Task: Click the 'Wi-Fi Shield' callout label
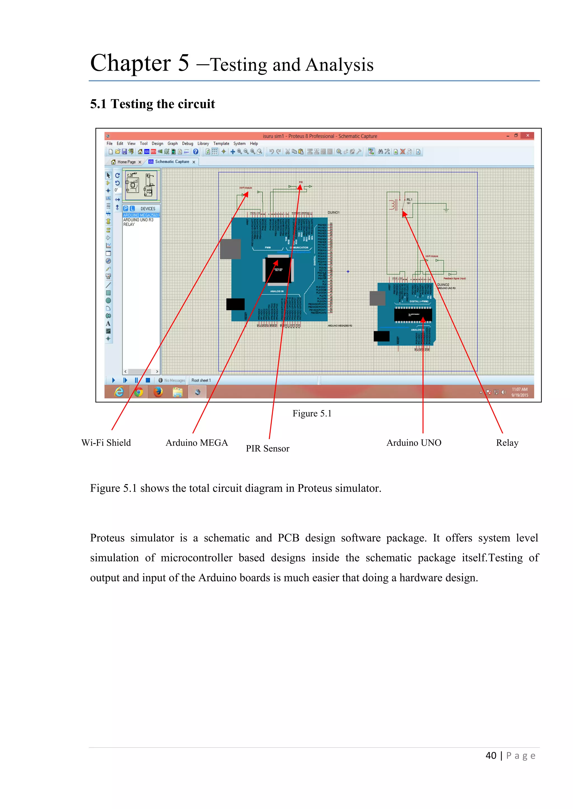[106, 442]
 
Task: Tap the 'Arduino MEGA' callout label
[196, 442]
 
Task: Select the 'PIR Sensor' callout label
[267, 449]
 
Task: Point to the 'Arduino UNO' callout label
[414, 442]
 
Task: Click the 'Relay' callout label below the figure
[507, 442]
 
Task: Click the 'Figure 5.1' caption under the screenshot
[312, 413]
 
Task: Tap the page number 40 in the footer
[491, 756]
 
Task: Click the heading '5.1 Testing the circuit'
[152, 104]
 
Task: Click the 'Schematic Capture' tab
[172, 162]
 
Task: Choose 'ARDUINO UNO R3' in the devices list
[138, 220]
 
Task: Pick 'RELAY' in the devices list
[129, 224]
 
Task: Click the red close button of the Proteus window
[527, 136]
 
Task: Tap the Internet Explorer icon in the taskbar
[119, 392]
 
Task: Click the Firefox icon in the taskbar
[158, 392]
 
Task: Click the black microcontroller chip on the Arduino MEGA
[278, 270]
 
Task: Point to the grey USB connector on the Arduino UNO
[377, 298]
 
